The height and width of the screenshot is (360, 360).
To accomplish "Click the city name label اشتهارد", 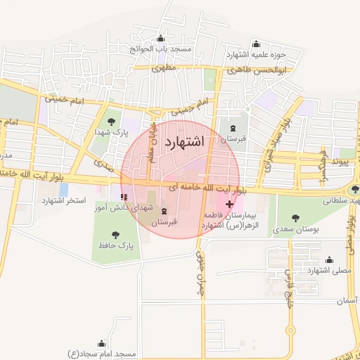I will coord(184,141).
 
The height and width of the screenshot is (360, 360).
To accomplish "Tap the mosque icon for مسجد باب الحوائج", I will coord(162,39).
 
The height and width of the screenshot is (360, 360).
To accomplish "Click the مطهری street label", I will coord(163,69).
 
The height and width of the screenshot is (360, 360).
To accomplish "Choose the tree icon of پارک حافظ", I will coord(115,234).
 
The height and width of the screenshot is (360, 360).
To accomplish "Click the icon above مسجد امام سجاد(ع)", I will coord(101,344).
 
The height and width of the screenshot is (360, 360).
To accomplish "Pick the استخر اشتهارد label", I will coord(64,201).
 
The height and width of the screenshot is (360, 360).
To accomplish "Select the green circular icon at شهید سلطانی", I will coord(354,189).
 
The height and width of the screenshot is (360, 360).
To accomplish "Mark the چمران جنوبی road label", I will coord(199,274).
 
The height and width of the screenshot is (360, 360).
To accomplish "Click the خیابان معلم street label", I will coord(150,144).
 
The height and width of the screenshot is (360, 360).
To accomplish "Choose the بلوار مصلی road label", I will coord(349,236).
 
